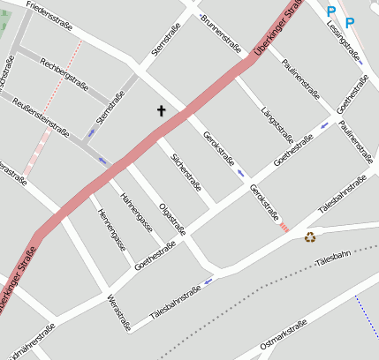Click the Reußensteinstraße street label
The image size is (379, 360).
[41, 116]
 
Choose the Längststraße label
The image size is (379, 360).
[278, 124]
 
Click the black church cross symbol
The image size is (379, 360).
[162, 111]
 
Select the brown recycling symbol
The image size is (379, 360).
[310, 236]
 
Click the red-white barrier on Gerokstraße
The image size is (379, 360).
[284, 228]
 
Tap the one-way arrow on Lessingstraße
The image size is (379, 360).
[360, 62]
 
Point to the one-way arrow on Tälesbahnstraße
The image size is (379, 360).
[208, 282]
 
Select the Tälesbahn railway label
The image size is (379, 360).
[332, 255]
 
